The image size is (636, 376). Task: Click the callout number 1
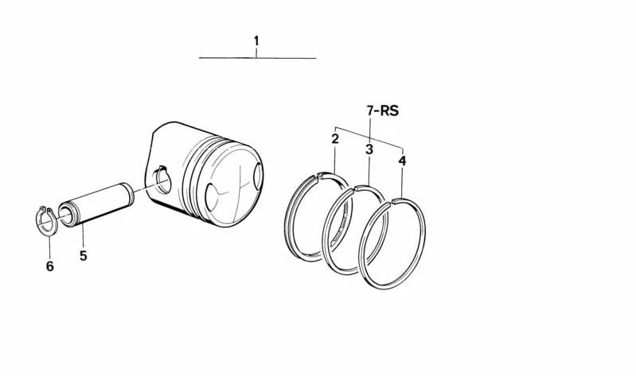(x=256, y=41)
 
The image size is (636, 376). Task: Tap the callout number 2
(x=335, y=139)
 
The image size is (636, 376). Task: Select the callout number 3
(x=369, y=149)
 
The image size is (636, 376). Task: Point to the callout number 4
(x=402, y=161)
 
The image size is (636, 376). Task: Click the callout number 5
(x=83, y=256)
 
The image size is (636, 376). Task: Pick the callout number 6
(x=49, y=266)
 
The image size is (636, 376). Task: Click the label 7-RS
(x=383, y=110)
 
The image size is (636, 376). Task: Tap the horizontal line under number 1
(x=258, y=58)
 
